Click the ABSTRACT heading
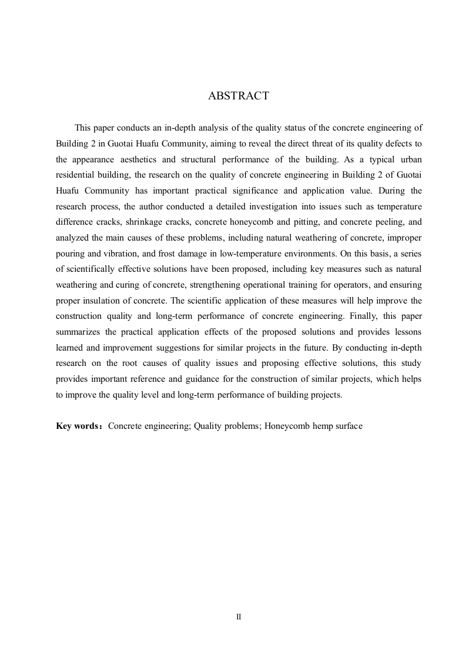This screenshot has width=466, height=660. coord(239,96)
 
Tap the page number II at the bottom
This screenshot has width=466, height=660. coord(239,617)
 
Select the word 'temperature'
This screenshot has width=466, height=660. coord(398,207)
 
